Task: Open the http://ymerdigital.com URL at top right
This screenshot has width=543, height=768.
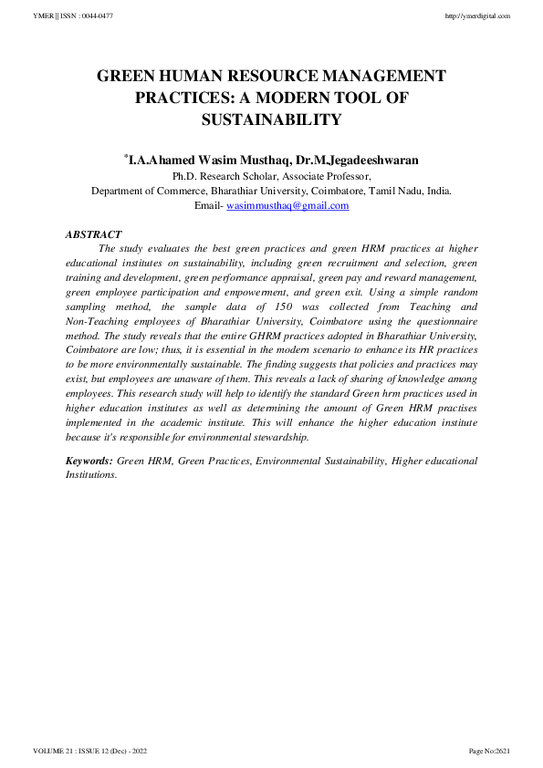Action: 477,16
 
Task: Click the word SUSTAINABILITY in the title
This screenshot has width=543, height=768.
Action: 271,119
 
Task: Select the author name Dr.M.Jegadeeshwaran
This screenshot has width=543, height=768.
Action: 354,160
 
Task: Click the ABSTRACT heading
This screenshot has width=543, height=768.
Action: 93,234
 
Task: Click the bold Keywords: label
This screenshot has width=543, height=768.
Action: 89,462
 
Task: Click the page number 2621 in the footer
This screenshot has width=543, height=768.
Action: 502,751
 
